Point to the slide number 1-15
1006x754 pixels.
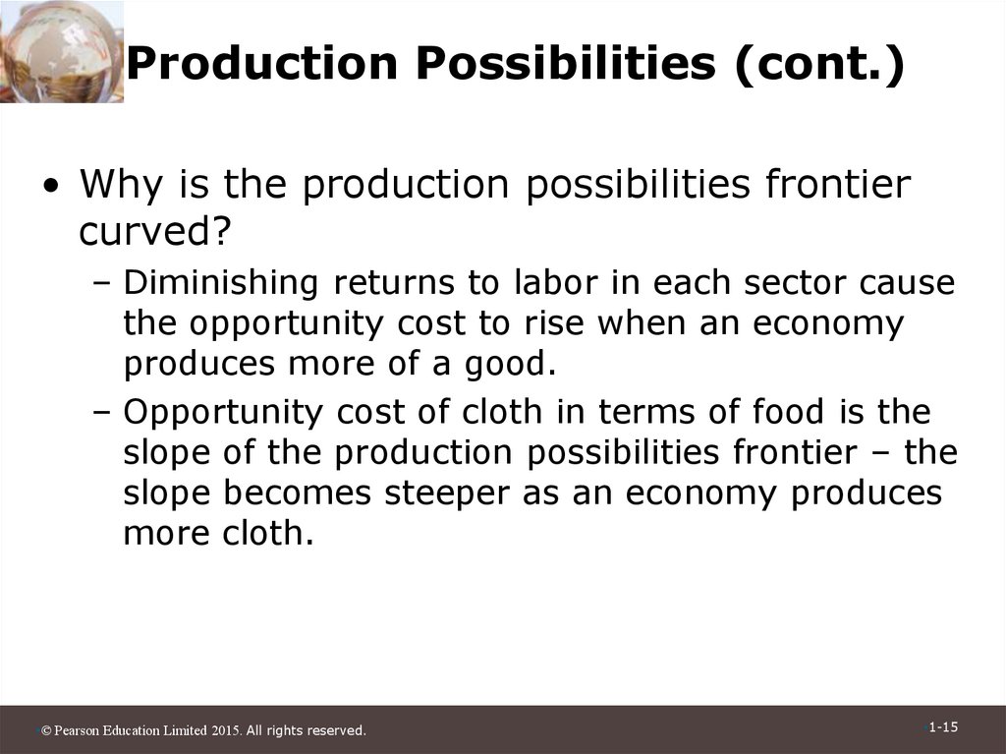942,726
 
